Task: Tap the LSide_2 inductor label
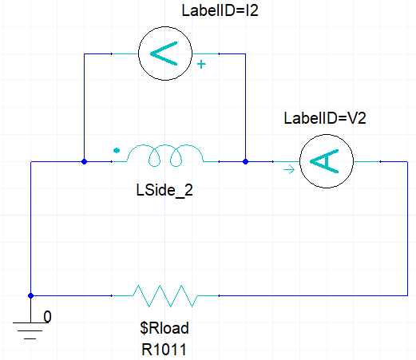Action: pos(164,191)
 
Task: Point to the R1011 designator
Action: pos(165,347)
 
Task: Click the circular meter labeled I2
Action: pos(164,54)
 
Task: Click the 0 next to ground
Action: pos(47,317)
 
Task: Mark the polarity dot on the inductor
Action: pos(117,148)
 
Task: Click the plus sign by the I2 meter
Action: pos(200,65)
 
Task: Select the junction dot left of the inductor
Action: pos(84,161)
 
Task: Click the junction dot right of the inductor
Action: pos(245,161)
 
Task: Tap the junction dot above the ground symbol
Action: pos(30,295)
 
